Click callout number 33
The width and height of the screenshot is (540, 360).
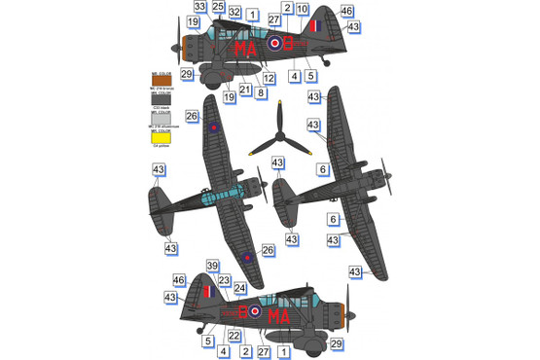[198, 7]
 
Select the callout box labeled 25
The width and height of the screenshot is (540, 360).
[217, 7]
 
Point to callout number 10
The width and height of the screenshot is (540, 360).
[303, 8]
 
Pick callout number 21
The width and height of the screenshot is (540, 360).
[244, 90]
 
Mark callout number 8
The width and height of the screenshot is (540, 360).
[261, 93]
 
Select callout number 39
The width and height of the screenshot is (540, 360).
[211, 267]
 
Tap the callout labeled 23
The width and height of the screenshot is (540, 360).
[225, 280]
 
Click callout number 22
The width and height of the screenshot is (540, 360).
[234, 336]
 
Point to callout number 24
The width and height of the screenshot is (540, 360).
[239, 288]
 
